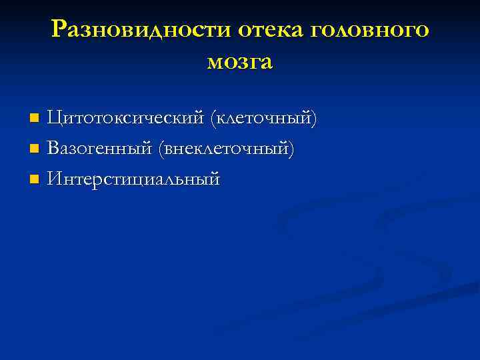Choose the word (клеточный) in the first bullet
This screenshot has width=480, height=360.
(x=263, y=119)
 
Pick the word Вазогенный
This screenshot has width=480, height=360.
(x=100, y=149)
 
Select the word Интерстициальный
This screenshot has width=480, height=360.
(x=134, y=179)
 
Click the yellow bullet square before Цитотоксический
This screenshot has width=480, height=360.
(x=35, y=119)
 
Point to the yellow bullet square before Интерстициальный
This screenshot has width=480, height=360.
(x=35, y=179)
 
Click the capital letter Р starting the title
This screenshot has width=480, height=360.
(x=59, y=30)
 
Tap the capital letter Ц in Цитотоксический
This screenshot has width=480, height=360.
(x=54, y=119)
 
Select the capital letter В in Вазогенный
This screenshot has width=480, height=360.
(x=53, y=149)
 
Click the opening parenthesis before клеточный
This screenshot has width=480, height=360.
(x=213, y=119)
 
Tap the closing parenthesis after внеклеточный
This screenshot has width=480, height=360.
(x=291, y=149)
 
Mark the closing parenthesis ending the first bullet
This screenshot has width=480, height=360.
(x=313, y=119)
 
